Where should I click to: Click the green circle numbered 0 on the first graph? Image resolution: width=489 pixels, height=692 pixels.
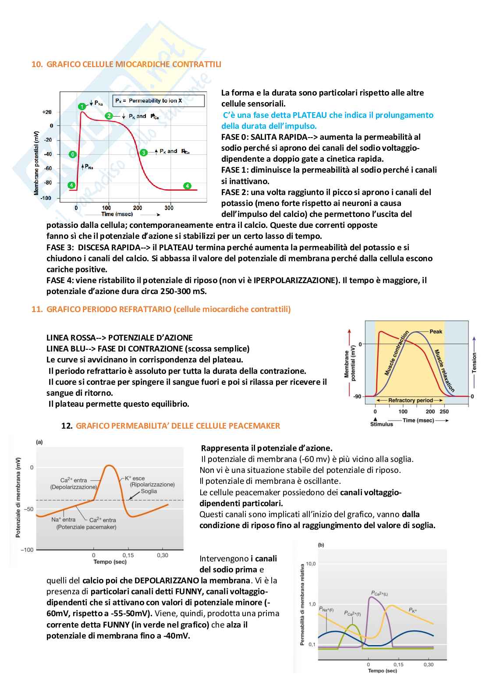(x=73, y=154)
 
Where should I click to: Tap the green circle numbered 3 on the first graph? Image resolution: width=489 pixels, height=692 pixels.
(x=143, y=153)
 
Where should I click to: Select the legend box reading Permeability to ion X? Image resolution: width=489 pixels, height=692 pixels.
(x=158, y=101)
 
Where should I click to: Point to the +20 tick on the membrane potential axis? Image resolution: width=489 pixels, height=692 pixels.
(x=47, y=112)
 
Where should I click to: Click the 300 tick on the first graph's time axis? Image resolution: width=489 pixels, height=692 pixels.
(x=169, y=208)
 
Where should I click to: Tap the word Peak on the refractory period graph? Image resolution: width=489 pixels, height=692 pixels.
(x=436, y=332)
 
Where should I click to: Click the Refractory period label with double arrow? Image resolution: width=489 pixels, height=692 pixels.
(x=410, y=400)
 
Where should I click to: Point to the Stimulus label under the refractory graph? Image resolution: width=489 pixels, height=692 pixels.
(x=382, y=424)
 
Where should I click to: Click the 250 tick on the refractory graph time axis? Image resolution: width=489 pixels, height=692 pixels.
(x=444, y=412)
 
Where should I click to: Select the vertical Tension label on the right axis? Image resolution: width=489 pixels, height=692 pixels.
(x=474, y=363)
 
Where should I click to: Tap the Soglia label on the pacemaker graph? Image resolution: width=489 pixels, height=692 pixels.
(x=149, y=491)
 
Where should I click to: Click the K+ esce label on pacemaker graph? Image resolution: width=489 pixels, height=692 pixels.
(x=135, y=479)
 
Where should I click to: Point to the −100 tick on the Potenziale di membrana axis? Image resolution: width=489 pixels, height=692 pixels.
(x=27, y=550)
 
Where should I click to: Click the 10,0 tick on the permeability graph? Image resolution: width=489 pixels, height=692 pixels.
(x=311, y=564)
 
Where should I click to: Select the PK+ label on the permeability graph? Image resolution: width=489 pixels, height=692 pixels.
(x=413, y=610)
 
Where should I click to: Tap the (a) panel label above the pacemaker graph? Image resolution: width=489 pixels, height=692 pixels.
(x=39, y=442)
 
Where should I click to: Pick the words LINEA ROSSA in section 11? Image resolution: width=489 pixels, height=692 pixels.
(x=71, y=338)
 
